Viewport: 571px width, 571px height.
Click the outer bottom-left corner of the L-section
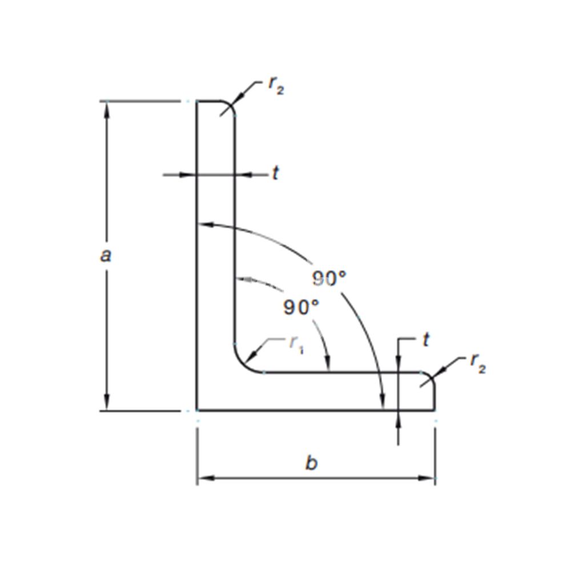197,411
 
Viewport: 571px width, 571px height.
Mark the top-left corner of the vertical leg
197,100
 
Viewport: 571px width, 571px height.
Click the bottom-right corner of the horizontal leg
434,411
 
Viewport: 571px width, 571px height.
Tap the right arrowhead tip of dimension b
435,478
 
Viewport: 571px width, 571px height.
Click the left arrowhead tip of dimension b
198,478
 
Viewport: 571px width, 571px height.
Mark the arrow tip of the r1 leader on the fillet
246,364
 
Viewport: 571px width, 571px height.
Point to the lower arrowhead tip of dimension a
107,410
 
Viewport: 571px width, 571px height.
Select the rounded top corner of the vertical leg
228,107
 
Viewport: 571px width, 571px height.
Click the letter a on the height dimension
106,255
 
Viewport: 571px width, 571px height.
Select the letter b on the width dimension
311,463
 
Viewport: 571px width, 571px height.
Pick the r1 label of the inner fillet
296,344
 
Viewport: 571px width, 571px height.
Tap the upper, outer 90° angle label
329,279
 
